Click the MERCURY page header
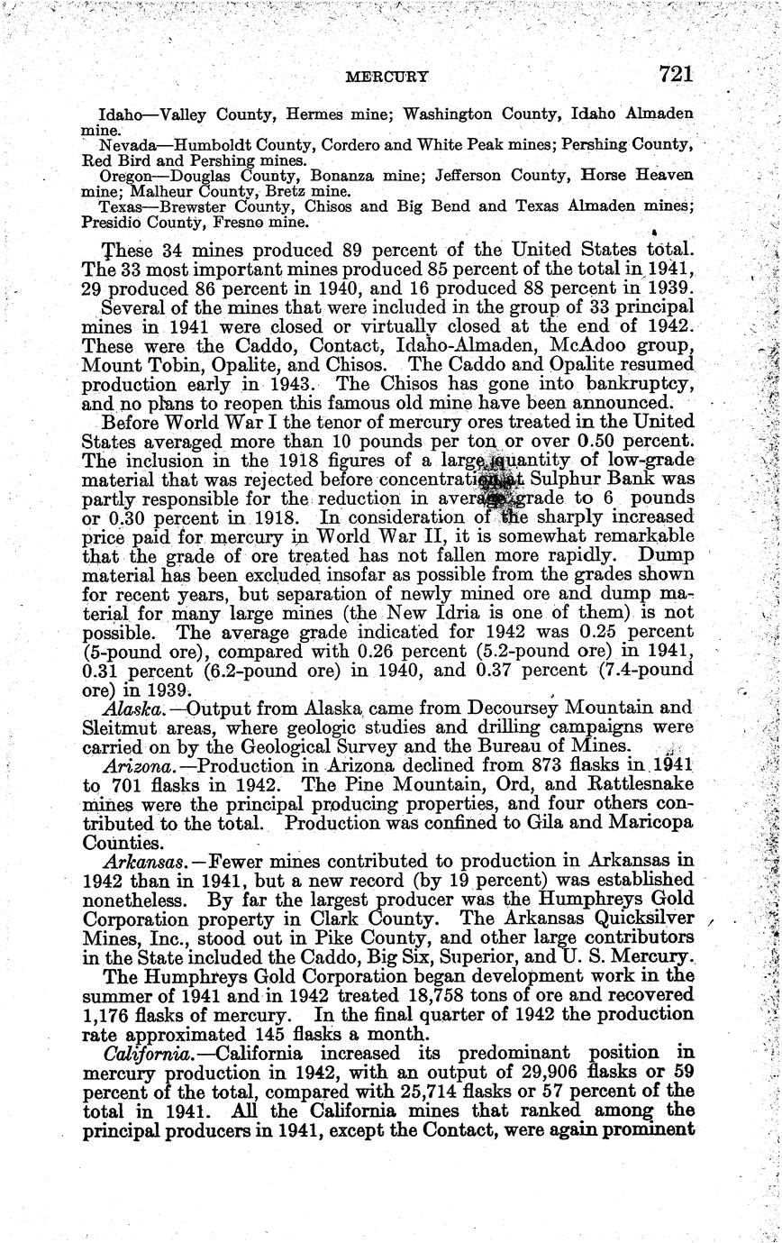coord(386,78)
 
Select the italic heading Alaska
coord(131,709)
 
